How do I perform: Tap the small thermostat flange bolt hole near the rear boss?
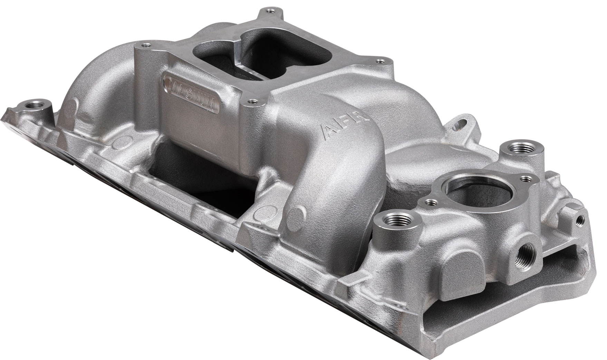pos(526,178)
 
